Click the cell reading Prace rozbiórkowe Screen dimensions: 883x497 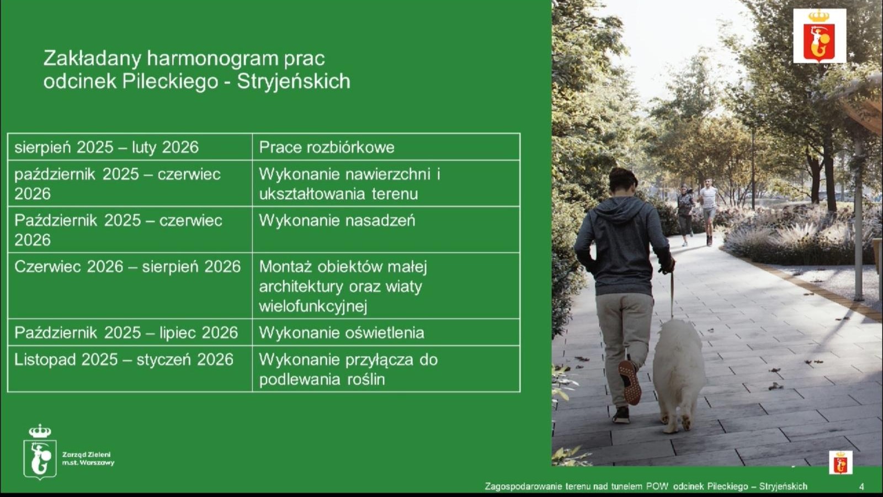coord(386,147)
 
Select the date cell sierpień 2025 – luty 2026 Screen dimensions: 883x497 coord(130,147)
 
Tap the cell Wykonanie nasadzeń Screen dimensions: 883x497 coord(386,230)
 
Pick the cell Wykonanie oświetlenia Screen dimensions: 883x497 coord(386,332)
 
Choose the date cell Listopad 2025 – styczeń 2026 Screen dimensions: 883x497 coord(130,369)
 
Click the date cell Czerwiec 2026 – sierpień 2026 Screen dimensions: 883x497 coord(130,285)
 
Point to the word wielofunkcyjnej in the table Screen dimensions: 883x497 coord(313,306)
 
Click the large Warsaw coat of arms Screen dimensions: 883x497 coord(820,36)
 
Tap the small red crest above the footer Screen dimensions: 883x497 coord(841,462)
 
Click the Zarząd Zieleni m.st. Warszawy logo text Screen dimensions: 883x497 coord(88,459)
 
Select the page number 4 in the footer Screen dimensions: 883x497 coord(861,487)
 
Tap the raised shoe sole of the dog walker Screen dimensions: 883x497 coord(630,382)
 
